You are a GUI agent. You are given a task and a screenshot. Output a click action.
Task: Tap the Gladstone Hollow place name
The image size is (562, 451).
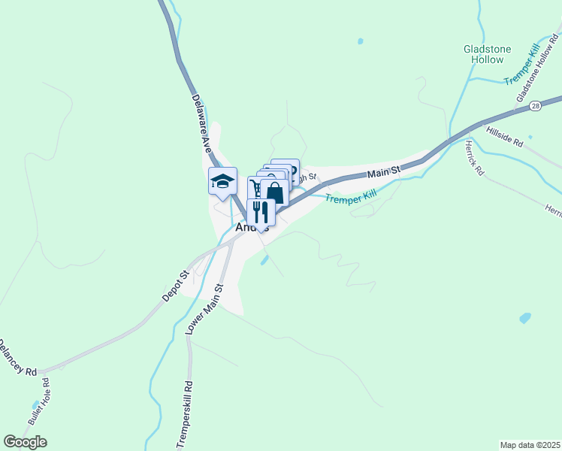point(487,54)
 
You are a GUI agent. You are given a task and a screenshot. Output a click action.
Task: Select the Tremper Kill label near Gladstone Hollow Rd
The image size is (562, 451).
point(523,65)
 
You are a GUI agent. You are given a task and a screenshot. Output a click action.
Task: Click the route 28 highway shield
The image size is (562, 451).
point(534,106)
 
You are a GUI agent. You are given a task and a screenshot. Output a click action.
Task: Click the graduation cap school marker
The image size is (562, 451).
point(222,180)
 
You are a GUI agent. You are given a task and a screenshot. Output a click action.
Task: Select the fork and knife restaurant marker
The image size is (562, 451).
point(261,211)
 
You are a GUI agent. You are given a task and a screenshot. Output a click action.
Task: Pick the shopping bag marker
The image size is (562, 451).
point(276,192)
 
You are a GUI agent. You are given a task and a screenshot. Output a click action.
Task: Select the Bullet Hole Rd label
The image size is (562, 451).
point(35,410)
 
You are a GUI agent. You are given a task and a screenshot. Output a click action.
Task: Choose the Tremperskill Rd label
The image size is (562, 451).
point(185,416)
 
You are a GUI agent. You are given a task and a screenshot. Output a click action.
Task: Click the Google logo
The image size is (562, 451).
point(25,442)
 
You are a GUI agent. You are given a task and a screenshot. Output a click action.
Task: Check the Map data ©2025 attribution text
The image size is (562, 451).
point(530,445)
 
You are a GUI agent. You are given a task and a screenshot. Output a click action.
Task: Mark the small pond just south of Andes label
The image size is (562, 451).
point(264,260)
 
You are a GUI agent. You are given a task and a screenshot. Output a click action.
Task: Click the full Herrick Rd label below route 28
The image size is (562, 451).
point(474,159)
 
